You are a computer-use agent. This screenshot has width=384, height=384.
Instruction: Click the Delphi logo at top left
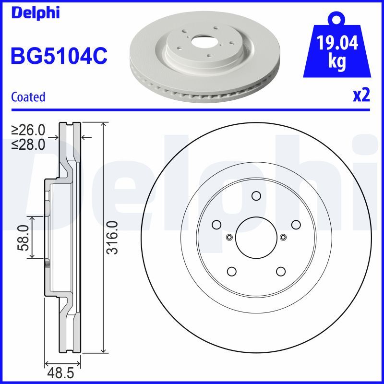pos(35,12)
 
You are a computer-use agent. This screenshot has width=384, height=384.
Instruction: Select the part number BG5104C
pos(59,56)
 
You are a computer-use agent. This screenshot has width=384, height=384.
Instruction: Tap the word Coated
pos(28,97)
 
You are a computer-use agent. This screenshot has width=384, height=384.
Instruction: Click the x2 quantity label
pos(361,96)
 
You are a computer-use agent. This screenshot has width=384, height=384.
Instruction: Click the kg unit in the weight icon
pos(337,63)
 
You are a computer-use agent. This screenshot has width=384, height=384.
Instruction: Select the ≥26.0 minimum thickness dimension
pos(28,130)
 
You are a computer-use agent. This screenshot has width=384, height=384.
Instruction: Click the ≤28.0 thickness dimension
pos(28,144)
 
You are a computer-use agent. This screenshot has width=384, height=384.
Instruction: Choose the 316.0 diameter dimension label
pos(111,238)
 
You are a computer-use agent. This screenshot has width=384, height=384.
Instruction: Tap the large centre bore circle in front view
pos(256,238)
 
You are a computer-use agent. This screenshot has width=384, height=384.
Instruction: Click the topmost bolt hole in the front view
pos(256,196)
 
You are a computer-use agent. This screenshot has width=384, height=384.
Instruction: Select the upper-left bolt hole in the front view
pos(216,225)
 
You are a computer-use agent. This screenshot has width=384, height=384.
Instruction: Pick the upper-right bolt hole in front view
pos(296,225)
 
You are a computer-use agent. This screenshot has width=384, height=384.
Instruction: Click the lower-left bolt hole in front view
pos(231,271)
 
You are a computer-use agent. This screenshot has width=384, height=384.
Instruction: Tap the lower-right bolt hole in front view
pos(280,271)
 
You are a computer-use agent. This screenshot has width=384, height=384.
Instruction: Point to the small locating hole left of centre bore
pos(228,237)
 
